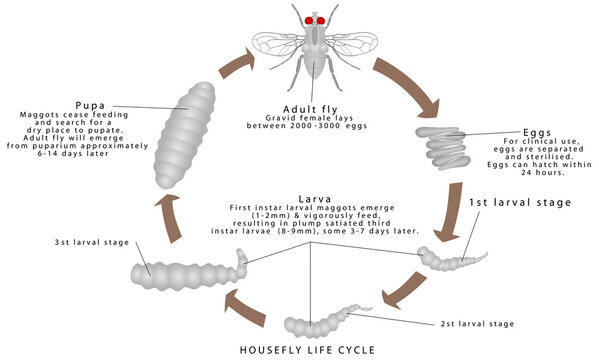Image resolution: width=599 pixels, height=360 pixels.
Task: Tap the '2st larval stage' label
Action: point(480,324)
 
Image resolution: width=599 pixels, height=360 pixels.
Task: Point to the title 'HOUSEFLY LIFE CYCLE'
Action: point(300,349)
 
